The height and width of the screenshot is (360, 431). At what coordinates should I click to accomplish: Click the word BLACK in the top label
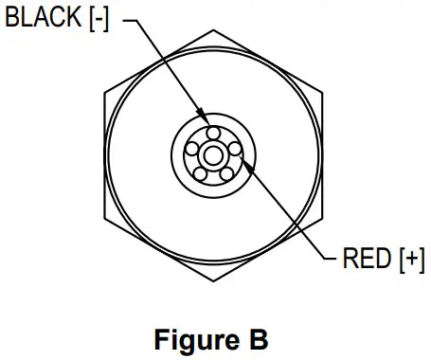pyautogui.click(x=43, y=18)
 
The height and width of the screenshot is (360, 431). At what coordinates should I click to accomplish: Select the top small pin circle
pyautogui.click(x=213, y=132)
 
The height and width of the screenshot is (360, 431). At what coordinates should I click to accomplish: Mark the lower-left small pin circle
pyautogui.click(x=201, y=171)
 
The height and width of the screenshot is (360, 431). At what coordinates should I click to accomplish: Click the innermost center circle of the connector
pyautogui.click(x=213, y=153)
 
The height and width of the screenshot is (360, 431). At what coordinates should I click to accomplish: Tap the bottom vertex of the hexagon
pyautogui.click(x=213, y=280)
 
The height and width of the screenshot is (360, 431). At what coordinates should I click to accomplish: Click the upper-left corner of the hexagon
pyautogui.click(x=104, y=92)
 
